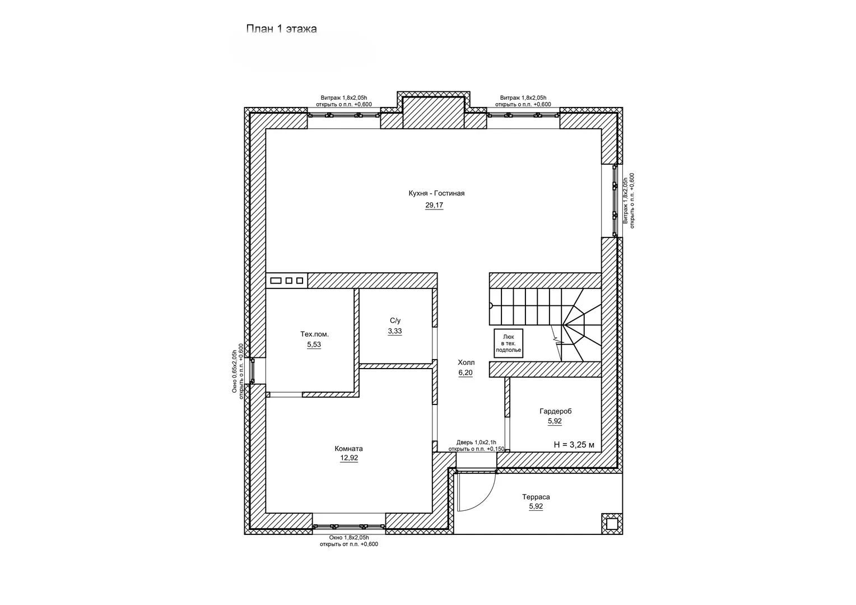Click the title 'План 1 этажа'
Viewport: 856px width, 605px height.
point(281,29)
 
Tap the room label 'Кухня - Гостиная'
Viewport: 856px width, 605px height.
point(436,194)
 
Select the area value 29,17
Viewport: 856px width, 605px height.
point(434,206)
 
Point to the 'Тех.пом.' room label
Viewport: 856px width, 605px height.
point(314,334)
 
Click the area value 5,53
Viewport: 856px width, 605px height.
point(314,345)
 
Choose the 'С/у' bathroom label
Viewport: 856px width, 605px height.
point(395,320)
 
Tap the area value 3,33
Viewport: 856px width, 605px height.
point(395,332)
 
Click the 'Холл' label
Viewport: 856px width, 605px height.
point(466,362)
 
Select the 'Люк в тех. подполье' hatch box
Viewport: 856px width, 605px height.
point(509,343)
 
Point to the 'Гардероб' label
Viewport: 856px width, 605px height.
point(555,411)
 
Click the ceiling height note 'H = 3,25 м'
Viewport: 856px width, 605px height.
point(574,445)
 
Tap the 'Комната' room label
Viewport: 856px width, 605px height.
point(348,448)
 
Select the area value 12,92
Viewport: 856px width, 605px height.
point(349,458)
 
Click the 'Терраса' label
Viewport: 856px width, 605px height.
point(536,497)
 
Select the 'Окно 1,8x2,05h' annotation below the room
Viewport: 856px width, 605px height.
point(348,537)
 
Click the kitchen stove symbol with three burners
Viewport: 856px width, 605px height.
point(286,280)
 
